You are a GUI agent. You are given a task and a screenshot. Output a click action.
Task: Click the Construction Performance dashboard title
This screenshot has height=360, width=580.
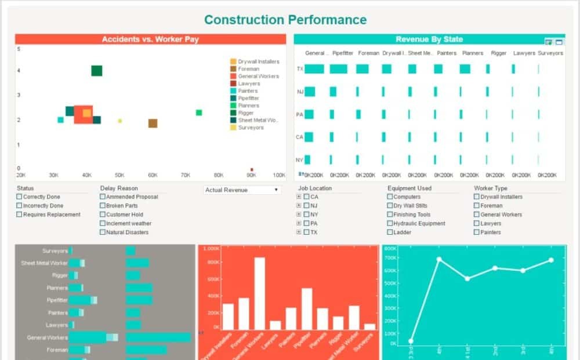pyautogui.click(x=285, y=20)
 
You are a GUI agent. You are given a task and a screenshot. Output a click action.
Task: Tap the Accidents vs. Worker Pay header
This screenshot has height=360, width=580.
pyautogui.click(x=150, y=39)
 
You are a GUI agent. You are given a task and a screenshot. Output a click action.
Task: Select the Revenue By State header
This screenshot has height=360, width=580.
pyautogui.click(x=429, y=39)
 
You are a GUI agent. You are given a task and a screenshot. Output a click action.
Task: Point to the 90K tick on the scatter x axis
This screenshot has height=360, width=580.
pyautogui.click(x=251, y=174)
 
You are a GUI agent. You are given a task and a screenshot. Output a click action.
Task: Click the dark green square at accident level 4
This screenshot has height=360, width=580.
pyautogui.click(x=97, y=71)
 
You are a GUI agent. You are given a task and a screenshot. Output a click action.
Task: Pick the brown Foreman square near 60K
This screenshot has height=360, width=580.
pyautogui.click(x=153, y=123)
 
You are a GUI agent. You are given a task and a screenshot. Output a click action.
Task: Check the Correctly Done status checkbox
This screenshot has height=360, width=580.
pyautogui.click(x=19, y=197)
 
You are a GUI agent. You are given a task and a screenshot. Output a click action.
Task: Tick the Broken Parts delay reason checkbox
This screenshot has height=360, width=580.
pyautogui.click(x=103, y=206)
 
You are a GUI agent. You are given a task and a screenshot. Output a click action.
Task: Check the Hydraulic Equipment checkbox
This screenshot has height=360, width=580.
pyautogui.click(x=390, y=224)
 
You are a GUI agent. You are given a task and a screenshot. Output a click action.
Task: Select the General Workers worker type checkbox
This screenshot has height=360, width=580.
pyautogui.click(x=477, y=215)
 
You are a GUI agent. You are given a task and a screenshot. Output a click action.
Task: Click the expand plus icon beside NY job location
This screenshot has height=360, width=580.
pyautogui.click(x=299, y=214)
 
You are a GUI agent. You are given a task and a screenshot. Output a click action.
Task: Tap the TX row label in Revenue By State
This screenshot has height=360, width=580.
pyautogui.click(x=300, y=69)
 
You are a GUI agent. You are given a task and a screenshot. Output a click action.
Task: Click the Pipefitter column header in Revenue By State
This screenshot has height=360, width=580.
pyautogui.click(x=343, y=53)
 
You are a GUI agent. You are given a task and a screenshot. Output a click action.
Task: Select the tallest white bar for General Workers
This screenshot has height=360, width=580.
pyautogui.click(x=259, y=293)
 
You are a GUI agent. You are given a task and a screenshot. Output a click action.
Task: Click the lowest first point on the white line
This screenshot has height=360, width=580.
pyautogui.click(x=411, y=341)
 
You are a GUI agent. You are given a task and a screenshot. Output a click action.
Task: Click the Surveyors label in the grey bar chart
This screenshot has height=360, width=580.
pyautogui.click(x=55, y=251)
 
